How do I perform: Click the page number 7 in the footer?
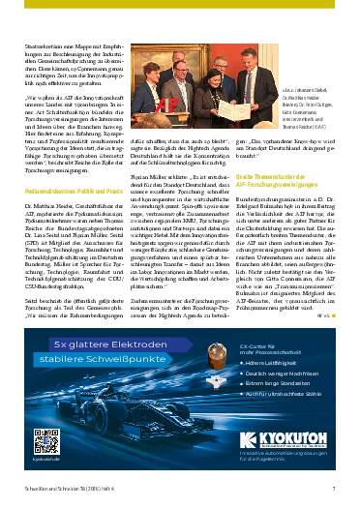[x=332, y=490]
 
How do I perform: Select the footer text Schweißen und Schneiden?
[x=58, y=490]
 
